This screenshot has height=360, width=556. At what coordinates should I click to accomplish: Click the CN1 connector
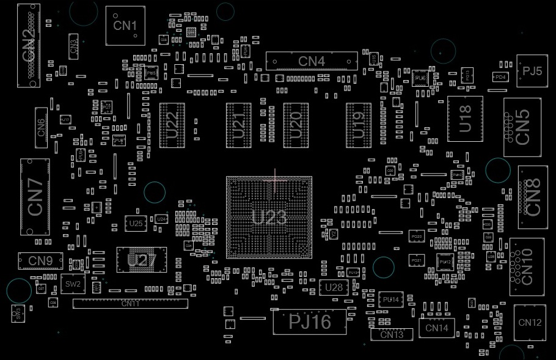125,26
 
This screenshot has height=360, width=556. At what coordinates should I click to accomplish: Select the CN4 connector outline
312,61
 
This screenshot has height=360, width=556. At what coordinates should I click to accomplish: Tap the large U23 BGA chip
269,217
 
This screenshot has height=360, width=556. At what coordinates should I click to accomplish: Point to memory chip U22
172,125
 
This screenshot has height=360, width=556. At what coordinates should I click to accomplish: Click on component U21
238,125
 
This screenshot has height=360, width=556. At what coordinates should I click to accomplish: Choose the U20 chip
296,125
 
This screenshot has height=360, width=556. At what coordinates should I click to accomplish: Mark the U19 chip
359,125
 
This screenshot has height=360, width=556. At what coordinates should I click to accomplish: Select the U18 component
465,119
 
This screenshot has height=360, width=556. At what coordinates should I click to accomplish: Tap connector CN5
522,127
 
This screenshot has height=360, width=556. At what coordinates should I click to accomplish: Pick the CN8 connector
533,196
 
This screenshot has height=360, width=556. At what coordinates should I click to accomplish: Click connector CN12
530,323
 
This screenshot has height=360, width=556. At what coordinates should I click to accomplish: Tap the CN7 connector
35,197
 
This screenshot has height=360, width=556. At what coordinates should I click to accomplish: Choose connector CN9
40,261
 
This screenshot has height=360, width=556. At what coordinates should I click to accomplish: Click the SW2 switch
73,284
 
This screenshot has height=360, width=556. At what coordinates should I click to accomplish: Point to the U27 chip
141,260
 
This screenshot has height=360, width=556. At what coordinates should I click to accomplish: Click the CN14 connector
437,328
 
